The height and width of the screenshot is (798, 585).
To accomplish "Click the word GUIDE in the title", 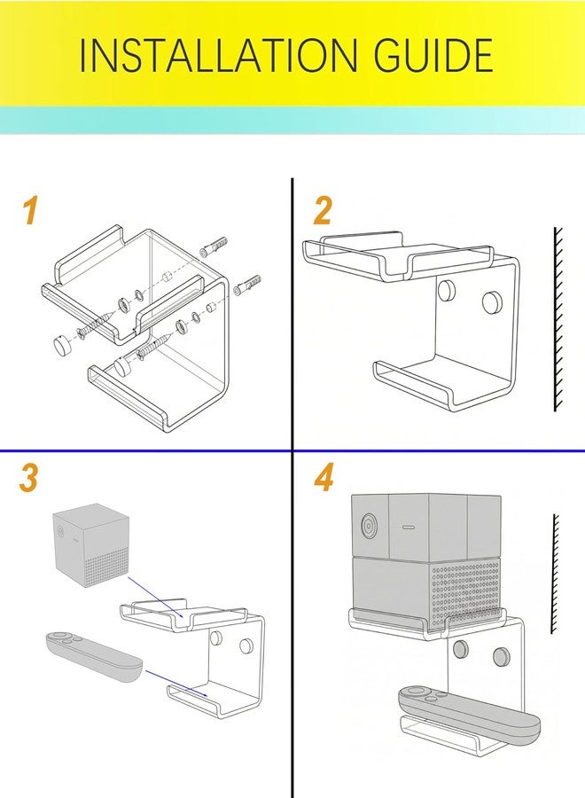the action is [x=433, y=54].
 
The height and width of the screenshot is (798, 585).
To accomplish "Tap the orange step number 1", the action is [x=30, y=211].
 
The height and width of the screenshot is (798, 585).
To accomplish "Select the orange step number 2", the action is [x=323, y=211].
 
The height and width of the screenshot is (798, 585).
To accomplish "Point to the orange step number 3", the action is [x=28, y=479].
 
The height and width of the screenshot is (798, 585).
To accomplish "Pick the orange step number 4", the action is [x=324, y=479].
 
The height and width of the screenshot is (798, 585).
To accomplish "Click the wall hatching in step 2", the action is [x=558, y=319].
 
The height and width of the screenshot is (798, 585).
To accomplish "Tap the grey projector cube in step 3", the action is [x=90, y=545].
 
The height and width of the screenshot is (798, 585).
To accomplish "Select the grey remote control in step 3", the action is [x=94, y=656].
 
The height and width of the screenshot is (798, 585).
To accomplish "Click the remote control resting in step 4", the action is [x=469, y=712].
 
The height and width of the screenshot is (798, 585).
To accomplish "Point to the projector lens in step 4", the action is [x=369, y=524].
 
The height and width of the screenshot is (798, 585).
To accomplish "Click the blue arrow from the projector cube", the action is [x=156, y=597].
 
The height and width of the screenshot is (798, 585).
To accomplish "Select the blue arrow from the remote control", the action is [x=176, y=683].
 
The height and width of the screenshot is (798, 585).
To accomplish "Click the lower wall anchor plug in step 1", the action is [x=247, y=285].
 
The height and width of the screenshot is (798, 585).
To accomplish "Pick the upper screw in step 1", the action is [x=96, y=326].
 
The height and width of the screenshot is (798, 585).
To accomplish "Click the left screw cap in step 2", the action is [x=447, y=289].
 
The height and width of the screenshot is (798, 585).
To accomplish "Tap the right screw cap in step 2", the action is [x=492, y=301].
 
